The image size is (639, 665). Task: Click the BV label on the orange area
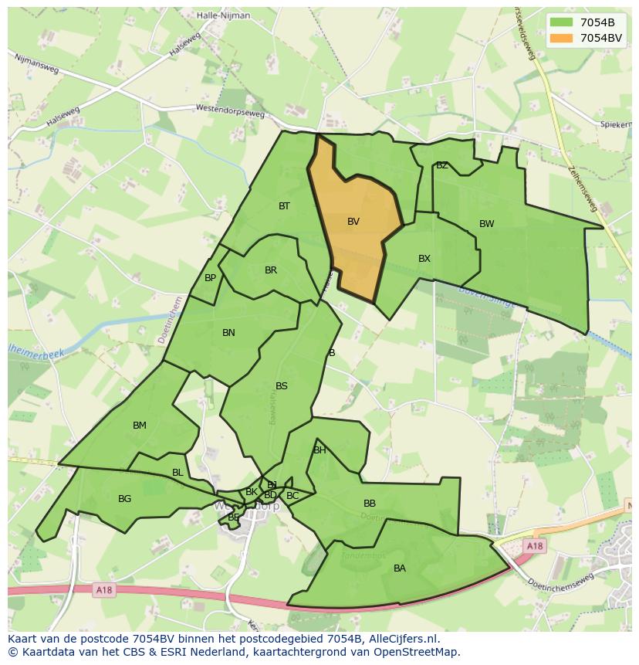(353, 222)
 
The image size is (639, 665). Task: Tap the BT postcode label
(284, 206)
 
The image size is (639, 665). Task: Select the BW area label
(486, 224)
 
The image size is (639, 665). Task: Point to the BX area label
(424, 259)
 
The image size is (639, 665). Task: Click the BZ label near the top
(441, 165)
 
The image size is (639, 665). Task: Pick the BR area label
(270, 270)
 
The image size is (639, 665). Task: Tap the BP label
(210, 278)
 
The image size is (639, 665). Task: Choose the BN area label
(228, 333)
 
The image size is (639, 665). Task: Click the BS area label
(282, 386)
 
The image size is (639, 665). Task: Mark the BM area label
(139, 426)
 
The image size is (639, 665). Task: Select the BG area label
(124, 499)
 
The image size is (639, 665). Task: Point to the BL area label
(177, 473)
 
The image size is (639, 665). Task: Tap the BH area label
(319, 450)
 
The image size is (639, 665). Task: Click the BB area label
(370, 504)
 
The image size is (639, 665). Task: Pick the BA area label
(399, 568)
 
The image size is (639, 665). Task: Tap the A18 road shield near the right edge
(535, 546)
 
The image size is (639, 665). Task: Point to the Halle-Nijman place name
(222, 15)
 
